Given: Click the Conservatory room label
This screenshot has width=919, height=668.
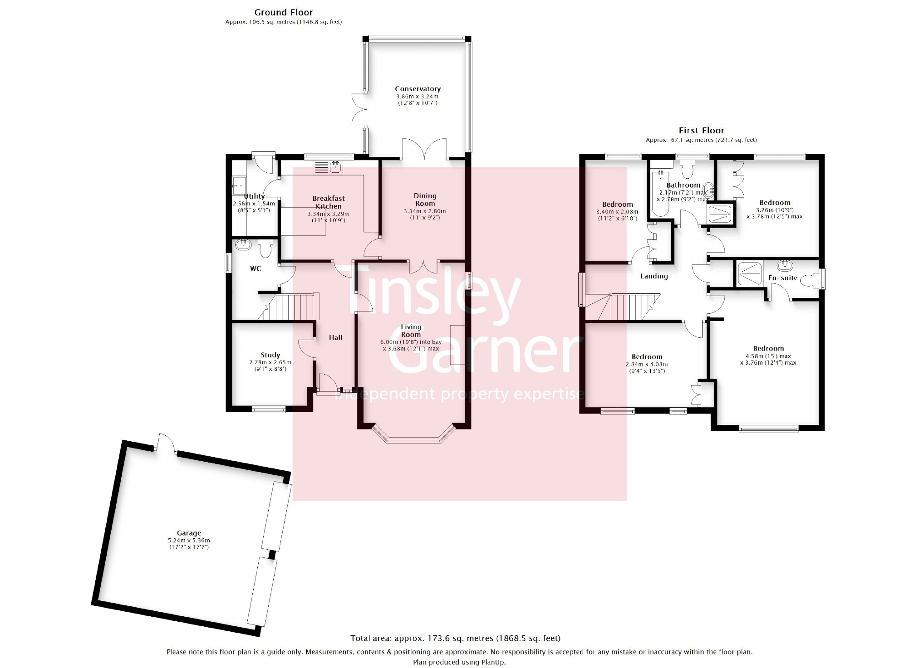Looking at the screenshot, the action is click(x=418, y=89).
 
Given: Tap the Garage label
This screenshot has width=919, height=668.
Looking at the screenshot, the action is click(x=189, y=533).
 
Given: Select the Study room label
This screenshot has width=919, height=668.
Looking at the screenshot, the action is click(x=270, y=355).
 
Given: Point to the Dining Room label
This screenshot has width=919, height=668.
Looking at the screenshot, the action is click(x=425, y=200).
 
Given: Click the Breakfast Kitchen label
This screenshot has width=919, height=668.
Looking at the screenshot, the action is click(x=329, y=202).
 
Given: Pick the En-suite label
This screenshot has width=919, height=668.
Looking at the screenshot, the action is click(x=783, y=278).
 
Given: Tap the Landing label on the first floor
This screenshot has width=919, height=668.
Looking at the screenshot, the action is click(x=654, y=276).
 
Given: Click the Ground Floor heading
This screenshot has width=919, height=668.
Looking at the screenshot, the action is click(x=284, y=12).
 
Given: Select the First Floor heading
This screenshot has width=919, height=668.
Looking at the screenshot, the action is click(x=702, y=131).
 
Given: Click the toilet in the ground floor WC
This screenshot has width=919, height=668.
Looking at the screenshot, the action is click(x=266, y=248).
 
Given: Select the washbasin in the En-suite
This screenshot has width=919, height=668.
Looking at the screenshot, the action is click(x=785, y=265).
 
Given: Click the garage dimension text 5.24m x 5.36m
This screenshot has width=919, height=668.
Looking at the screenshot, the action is click(x=189, y=540).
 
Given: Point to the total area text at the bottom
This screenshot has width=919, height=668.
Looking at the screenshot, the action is click(x=455, y=639).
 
